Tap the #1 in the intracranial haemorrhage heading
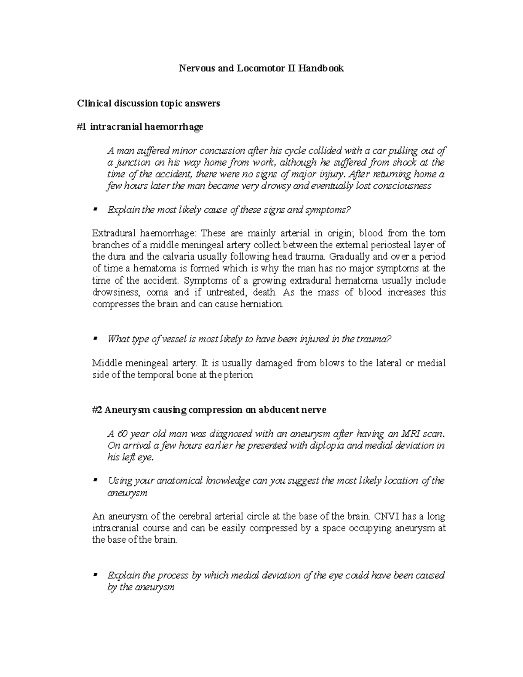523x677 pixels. pos(82,127)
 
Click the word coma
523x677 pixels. pos(149,292)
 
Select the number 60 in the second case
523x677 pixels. pos(123,434)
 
